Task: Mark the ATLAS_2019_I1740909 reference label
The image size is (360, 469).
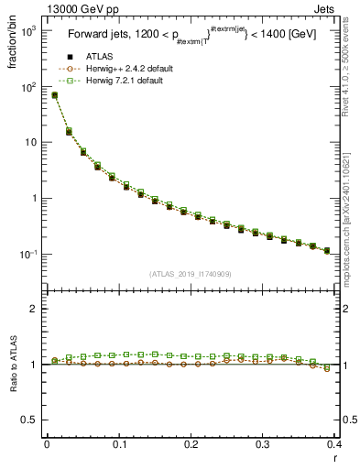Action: [x=191, y=274]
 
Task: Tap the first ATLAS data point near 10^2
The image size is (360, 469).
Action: [x=55, y=95]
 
